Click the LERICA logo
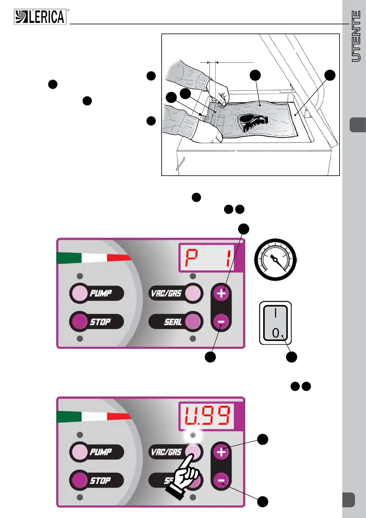[x=40, y=17]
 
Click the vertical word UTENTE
[x=356, y=36]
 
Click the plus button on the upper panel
[x=221, y=293]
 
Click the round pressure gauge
[x=275, y=260]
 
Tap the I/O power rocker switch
[x=275, y=323]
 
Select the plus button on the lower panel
[x=221, y=452]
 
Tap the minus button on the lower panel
[x=221, y=480]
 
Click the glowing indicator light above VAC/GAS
[x=193, y=435]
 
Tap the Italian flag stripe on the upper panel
[x=93, y=258]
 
